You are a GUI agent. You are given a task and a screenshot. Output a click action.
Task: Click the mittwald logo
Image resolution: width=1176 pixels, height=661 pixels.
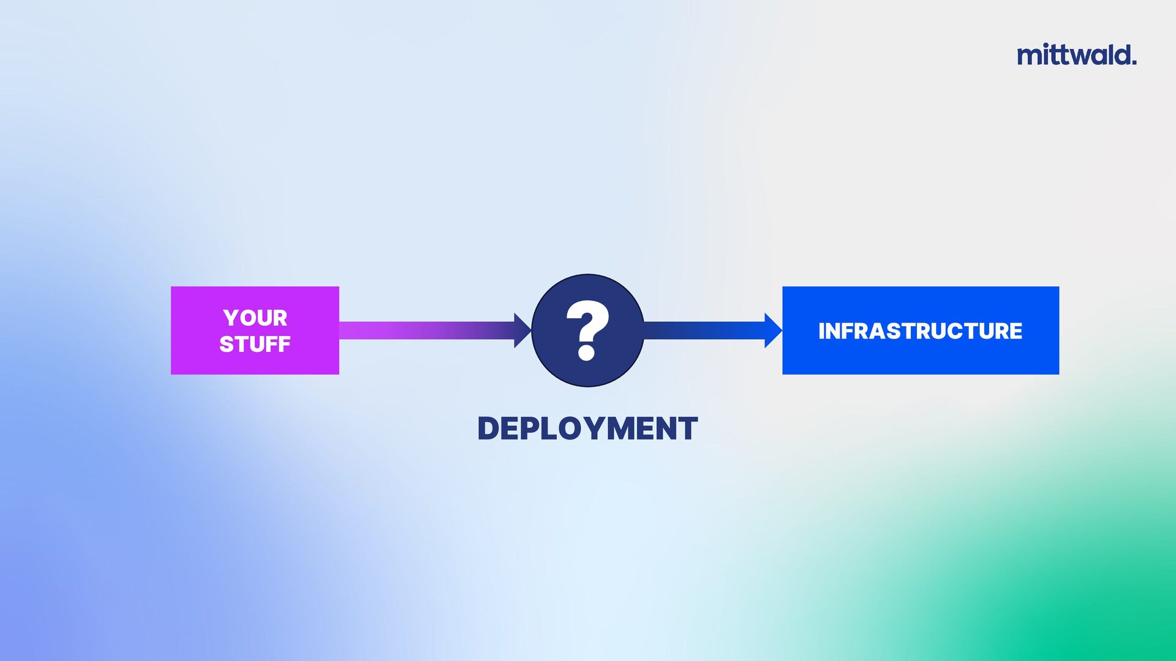(x=1076, y=55)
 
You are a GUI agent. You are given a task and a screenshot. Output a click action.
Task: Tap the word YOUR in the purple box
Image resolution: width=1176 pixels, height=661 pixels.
(x=255, y=318)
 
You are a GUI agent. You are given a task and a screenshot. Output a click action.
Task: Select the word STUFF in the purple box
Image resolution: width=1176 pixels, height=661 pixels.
(x=255, y=344)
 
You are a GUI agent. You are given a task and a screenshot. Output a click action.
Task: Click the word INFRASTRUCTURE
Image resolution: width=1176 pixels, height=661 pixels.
(x=920, y=331)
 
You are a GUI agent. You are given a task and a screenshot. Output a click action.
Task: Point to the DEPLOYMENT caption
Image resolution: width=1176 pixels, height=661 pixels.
(x=587, y=428)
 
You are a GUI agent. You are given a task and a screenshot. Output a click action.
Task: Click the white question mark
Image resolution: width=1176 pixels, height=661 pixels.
(x=587, y=324)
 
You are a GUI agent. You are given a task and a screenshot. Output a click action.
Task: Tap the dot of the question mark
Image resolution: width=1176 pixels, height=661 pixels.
(x=586, y=353)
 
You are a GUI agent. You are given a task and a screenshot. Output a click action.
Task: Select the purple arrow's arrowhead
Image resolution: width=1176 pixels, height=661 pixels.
(x=522, y=330)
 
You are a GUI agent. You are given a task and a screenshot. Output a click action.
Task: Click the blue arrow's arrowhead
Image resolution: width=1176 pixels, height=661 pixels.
(x=773, y=330)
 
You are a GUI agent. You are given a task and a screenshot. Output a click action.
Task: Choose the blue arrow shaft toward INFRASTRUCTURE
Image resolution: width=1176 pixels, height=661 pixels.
(x=704, y=330)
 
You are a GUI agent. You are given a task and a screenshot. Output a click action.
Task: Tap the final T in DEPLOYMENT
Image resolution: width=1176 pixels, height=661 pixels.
(x=688, y=428)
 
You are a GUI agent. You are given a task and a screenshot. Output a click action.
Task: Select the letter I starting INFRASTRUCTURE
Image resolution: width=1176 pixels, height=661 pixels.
(x=822, y=331)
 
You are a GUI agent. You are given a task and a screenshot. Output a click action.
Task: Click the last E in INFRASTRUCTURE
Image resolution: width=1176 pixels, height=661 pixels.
(x=1016, y=331)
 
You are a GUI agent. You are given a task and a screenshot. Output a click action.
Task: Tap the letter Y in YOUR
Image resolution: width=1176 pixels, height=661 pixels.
(x=231, y=318)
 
